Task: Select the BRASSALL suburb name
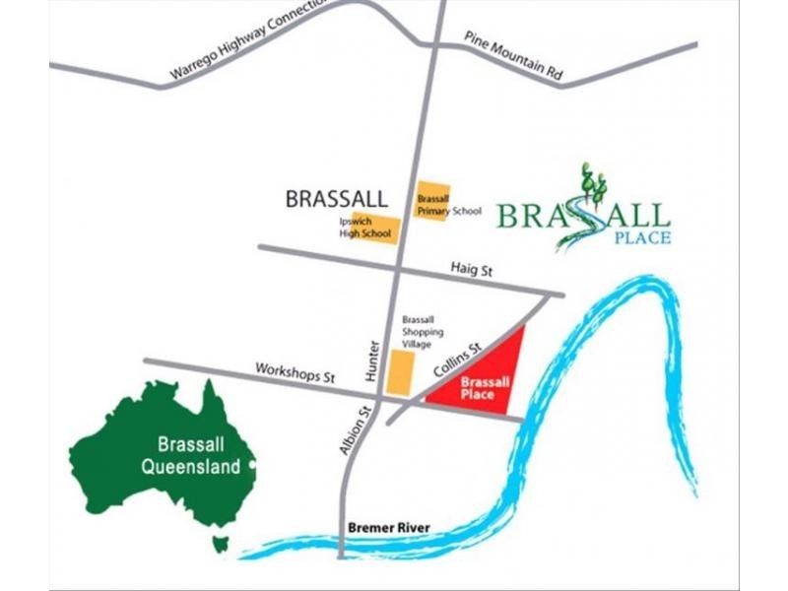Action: point(335,199)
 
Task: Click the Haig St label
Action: point(471,269)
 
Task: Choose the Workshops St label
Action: point(296,375)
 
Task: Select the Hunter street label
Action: point(371,359)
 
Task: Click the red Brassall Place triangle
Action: point(488,379)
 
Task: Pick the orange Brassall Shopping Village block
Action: point(400,374)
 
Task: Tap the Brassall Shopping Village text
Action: point(423,332)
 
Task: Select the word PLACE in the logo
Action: point(641,237)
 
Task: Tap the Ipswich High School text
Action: point(353,228)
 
